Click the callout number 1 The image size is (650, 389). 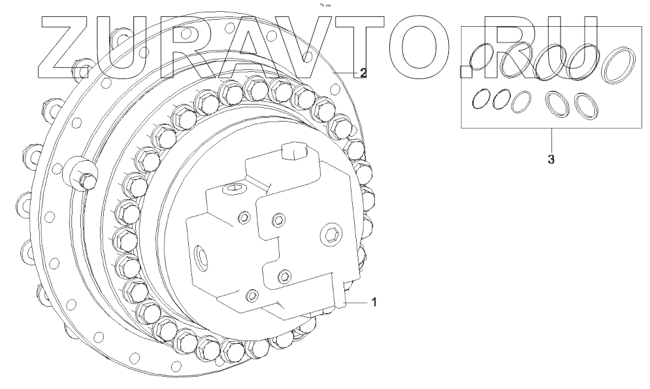[x=374, y=302]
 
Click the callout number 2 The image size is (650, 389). [x=363, y=73]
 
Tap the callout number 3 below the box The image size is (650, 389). [x=551, y=160]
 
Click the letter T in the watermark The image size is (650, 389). [x=365, y=47]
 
